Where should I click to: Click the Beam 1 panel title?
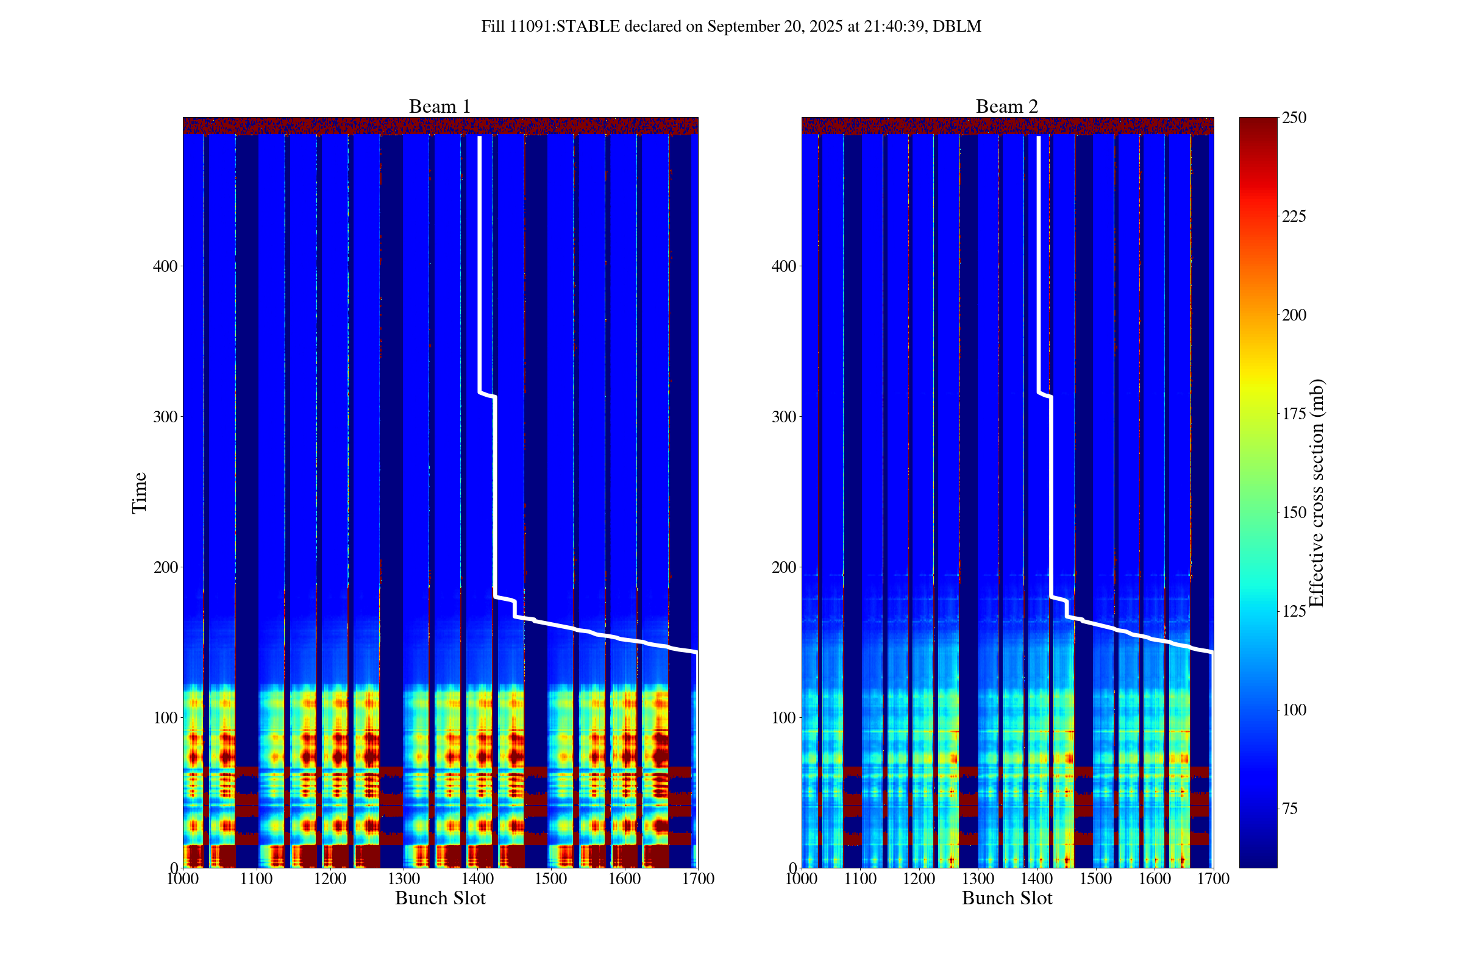click(x=439, y=107)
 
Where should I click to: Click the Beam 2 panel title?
click(x=1006, y=107)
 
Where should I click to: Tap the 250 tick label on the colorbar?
click(x=1294, y=118)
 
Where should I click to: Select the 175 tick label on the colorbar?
click(x=1294, y=414)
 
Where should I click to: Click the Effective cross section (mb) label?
click(x=1317, y=492)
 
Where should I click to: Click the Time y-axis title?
click(x=140, y=492)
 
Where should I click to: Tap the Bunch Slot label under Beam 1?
click(x=440, y=898)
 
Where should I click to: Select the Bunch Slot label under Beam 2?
click(x=1006, y=898)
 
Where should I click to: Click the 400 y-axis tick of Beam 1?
click(x=165, y=266)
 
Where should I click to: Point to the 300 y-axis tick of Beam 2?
click(x=784, y=417)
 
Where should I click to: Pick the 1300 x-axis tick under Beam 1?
click(x=404, y=879)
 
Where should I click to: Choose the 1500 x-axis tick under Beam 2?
click(x=1095, y=879)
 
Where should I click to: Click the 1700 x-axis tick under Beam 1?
click(x=698, y=879)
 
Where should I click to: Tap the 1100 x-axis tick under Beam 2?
click(x=860, y=879)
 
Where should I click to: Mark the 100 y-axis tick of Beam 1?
click(x=165, y=718)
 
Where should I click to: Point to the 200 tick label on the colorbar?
click(x=1294, y=315)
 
